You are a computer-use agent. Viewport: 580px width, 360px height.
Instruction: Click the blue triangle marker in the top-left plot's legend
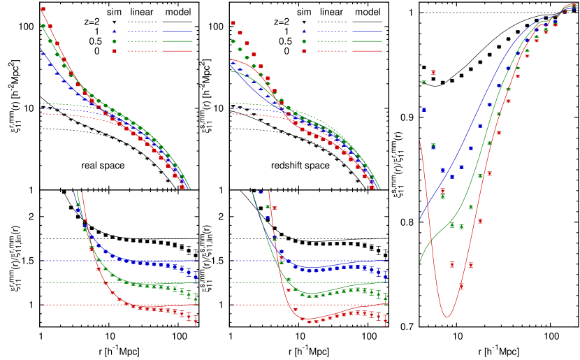(115, 31)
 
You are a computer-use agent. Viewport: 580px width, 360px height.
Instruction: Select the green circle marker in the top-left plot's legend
(115, 41)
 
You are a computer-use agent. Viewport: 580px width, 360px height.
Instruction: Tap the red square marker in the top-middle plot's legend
(304, 51)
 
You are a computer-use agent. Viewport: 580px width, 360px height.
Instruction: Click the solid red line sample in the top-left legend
(177, 51)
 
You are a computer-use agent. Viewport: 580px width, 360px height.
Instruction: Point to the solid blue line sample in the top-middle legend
(367, 31)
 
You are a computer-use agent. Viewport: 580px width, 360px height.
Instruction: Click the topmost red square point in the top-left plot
(43, 9)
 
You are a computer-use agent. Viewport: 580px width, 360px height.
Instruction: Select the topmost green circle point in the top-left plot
(43, 26)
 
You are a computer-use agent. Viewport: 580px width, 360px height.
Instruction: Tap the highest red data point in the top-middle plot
(233, 23)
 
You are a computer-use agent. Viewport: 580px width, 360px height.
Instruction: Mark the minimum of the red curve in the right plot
(447, 317)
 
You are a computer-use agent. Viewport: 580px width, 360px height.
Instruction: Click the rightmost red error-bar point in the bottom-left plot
(196, 320)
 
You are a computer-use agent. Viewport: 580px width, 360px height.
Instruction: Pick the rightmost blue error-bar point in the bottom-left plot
(196, 275)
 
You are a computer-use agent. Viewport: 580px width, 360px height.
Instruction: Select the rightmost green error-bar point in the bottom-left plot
(196, 298)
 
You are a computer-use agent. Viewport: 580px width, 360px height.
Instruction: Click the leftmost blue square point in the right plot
(423, 109)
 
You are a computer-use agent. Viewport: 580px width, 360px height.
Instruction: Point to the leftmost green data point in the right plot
(423, 82)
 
